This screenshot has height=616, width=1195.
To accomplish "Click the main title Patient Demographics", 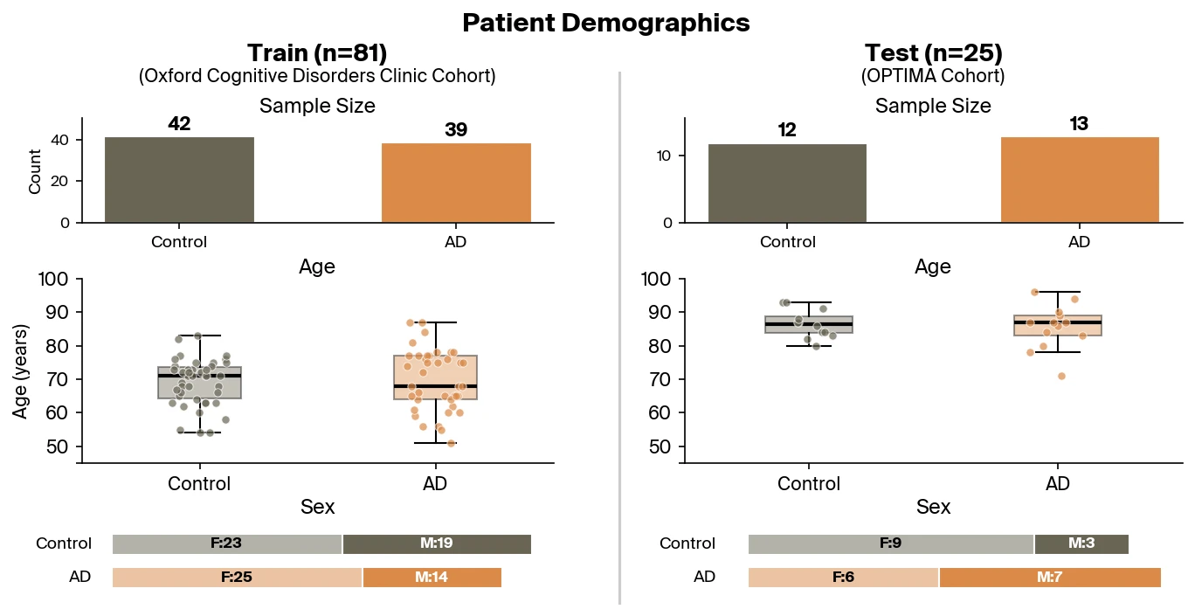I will pos(605,23).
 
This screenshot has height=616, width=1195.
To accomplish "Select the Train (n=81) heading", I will pos(317,53).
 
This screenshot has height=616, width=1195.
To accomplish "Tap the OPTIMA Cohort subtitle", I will pos(933,77).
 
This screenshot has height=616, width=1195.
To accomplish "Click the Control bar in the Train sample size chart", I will pos(179,180).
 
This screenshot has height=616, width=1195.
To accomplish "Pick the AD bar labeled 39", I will pos(456,183).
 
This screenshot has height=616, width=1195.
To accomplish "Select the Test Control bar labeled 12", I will pos(775,183).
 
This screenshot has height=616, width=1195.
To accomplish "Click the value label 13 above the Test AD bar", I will pos(1079,124).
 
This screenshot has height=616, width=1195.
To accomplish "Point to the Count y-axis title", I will pos(35,171).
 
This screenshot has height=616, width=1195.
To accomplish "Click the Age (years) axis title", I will pos(21,370).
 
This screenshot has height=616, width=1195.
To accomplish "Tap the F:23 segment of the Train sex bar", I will pos(227,543).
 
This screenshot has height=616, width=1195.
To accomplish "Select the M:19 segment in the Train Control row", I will pos(437,543).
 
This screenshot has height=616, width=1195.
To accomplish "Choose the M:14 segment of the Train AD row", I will pos(432,578).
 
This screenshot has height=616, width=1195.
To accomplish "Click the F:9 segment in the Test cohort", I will pos(891,543).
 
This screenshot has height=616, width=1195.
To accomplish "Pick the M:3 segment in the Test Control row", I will pos(1081,543).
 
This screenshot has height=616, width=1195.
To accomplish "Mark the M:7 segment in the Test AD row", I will pos(1049,578).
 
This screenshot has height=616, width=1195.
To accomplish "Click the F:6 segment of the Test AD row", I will pos(843,578).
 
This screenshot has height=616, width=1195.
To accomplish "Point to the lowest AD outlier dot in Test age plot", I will pos(1060,376).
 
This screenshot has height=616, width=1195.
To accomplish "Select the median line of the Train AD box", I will pos(435,385).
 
